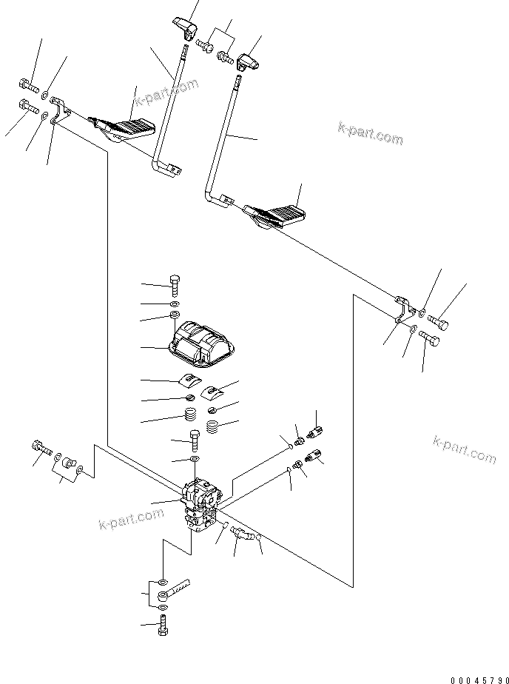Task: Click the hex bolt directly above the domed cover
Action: click(x=175, y=284)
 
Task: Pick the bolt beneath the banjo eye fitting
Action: click(x=163, y=626)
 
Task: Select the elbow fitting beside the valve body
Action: click(x=241, y=533)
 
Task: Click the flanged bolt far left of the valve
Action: click(x=38, y=447)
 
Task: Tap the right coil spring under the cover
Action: click(x=213, y=427)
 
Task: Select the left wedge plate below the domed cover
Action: click(x=189, y=380)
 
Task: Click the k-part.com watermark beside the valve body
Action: click(x=131, y=520)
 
